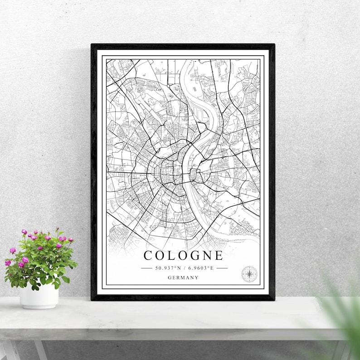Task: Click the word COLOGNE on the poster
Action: (x=183, y=255)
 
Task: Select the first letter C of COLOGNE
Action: (x=148, y=255)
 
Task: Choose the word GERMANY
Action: (x=183, y=277)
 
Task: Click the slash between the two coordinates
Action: (x=184, y=268)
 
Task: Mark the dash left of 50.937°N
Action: (x=146, y=268)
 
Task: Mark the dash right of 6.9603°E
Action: (x=222, y=268)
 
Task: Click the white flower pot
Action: (x=39, y=296)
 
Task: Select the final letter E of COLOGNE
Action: (x=219, y=255)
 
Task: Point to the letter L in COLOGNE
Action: (x=170, y=255)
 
